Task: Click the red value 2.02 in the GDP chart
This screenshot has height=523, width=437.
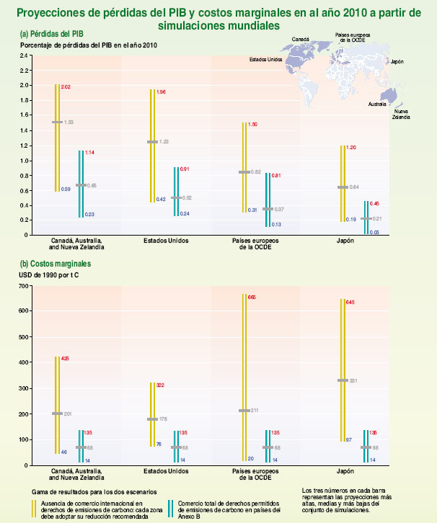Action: point(66,87)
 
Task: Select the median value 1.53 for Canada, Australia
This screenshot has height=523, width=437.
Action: point(69,122)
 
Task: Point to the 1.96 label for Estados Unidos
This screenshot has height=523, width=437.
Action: point(161,92)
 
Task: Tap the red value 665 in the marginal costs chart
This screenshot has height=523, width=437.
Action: point(252,297)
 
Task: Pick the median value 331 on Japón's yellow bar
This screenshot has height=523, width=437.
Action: point(353,380)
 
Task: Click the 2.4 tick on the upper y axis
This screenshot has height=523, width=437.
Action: point(23,55)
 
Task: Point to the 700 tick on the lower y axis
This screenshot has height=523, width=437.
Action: point(22,286)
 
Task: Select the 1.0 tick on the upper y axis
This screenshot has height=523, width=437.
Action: point(23,160)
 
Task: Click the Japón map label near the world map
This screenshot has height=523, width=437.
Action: point(397,63)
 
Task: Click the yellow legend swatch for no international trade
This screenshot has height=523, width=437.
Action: point(32,509)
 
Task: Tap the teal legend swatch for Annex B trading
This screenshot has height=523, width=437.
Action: point(170,509)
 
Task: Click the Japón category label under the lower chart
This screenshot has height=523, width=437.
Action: point(346,470)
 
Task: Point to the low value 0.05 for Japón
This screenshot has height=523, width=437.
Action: point(374,232)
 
